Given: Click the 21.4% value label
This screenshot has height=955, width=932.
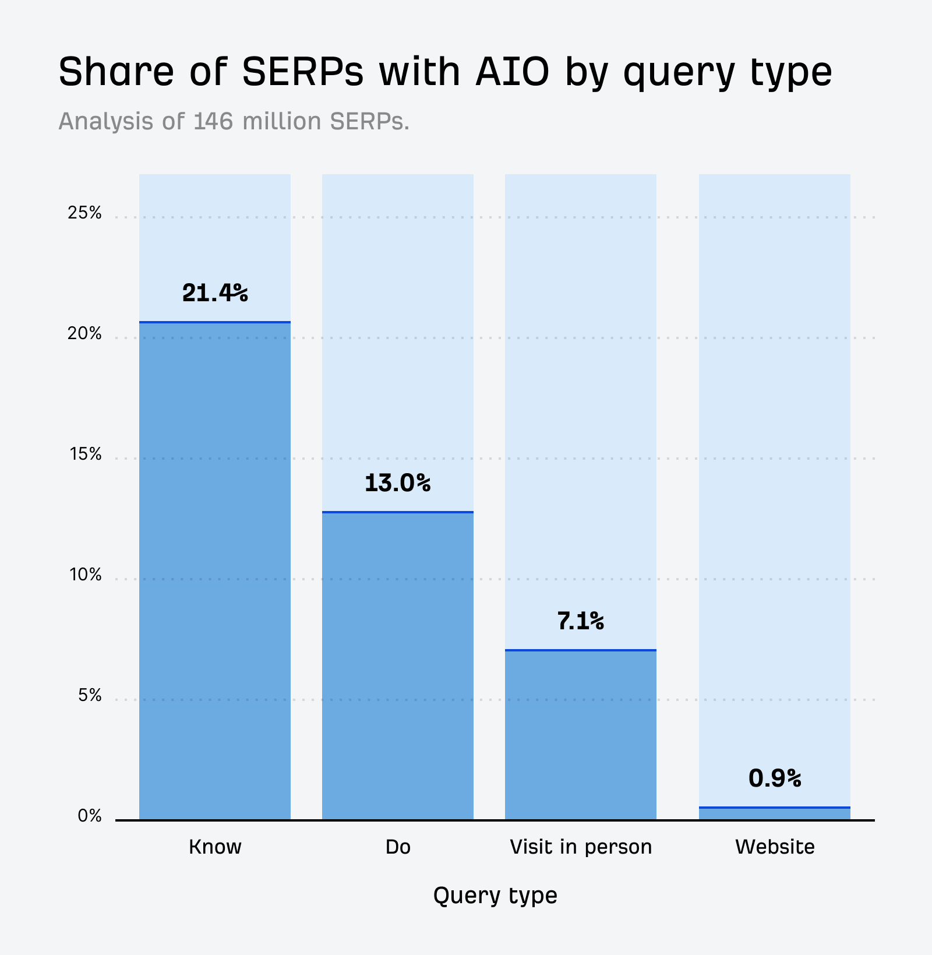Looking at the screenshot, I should click(x=215, y=293).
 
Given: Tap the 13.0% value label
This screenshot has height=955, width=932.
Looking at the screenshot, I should click(x=397, y=483).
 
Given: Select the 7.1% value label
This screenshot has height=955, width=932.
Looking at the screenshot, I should click(x=580, y=621).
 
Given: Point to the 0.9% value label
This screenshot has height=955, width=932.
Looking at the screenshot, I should click(x=775, y=778).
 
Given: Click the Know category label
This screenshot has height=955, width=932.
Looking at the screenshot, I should click(x=215, y=847).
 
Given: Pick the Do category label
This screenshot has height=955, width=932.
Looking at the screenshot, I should click(x=398, y=847).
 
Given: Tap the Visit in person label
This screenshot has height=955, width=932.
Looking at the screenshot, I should click(x=581, y=847).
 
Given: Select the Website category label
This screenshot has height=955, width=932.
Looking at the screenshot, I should click(x=775, y=847).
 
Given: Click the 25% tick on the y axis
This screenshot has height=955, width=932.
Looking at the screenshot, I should click(x=84, y=213).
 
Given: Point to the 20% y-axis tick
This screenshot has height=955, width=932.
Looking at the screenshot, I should click(x=84, y=334).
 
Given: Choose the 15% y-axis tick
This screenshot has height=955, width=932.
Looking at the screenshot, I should click(x=86, y=454).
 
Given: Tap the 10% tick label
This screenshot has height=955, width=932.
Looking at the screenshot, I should click(x=86, y=575).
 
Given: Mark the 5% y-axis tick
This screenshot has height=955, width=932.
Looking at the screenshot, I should click(x=90, y=696).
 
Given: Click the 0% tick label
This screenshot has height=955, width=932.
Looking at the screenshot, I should click(x=90, y=816).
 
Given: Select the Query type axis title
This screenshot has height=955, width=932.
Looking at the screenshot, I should click(x=495, y=895).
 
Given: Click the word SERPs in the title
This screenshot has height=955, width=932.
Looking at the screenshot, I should click(x=302, y=72).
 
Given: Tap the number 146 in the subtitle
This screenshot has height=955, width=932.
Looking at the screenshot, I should click(x=214, y=121).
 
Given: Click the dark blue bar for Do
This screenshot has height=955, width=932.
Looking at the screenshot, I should click(x=398, y=664).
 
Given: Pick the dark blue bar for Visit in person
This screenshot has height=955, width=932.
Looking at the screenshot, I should click(x=581, y=734).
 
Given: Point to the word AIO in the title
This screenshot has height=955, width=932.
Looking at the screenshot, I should click(x=512, y=72).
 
